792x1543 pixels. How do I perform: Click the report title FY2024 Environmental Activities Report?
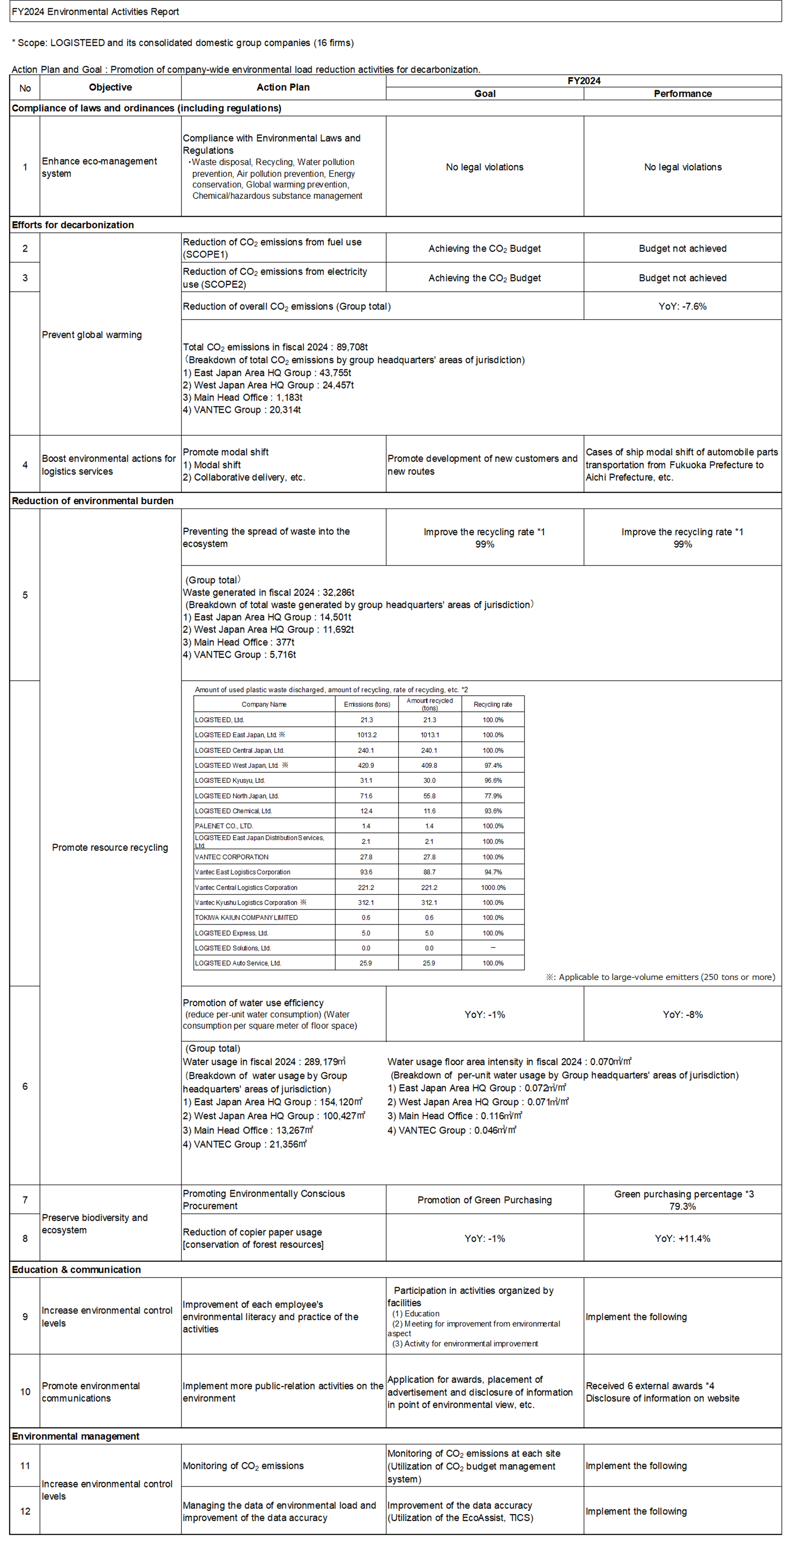(x=95, y=12)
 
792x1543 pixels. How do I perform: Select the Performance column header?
(x=682, y=94)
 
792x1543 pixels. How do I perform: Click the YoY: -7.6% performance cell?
(x=682, y=306)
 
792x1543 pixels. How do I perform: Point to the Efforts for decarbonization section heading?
(x=73, y=225)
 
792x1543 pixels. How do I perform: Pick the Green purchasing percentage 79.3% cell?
(x=682, y=1200)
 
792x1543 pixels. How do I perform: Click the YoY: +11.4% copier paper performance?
(x=682, y=1238)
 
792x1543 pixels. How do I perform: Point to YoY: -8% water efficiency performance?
(x=682, y=1014)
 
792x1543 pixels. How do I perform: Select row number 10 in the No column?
(x=25, y=1392)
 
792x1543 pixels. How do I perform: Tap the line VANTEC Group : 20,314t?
(x=242, y=410)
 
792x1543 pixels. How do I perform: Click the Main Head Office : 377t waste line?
(x=238, y=642)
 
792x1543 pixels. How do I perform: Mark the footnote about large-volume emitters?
(x=660, y=977)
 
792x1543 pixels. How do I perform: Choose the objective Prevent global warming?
(x=92, y=335)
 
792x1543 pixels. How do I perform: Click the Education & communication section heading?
(x=76, y=1269)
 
